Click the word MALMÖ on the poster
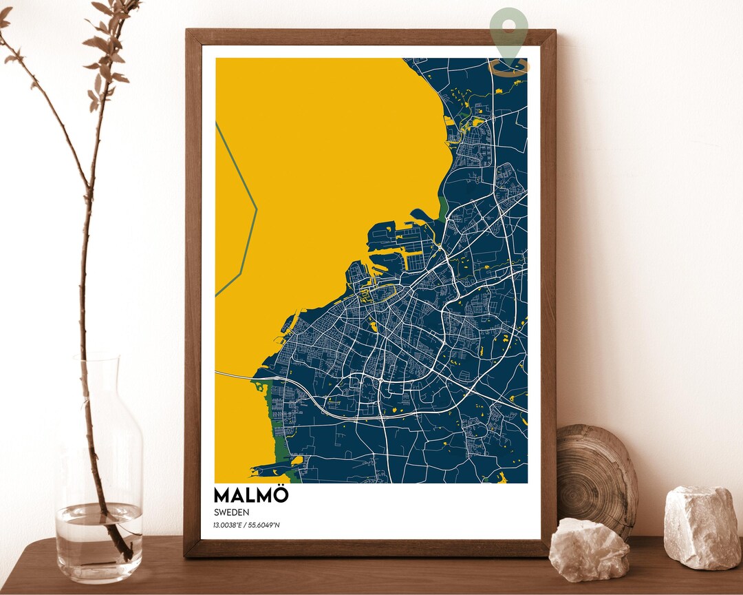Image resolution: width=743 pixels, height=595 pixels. (x=251, y=495)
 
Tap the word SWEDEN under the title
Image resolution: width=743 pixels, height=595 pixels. (x=231, y=512)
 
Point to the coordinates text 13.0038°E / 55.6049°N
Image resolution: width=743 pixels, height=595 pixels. (x=246, y=525)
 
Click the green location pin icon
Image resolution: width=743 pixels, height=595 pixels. (x=509, y=34)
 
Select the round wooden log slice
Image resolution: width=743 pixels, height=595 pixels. (x=595, y=475)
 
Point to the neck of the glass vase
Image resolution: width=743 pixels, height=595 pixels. (x=96, y=386)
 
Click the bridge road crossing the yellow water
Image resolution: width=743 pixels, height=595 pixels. (x=237, y=375)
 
